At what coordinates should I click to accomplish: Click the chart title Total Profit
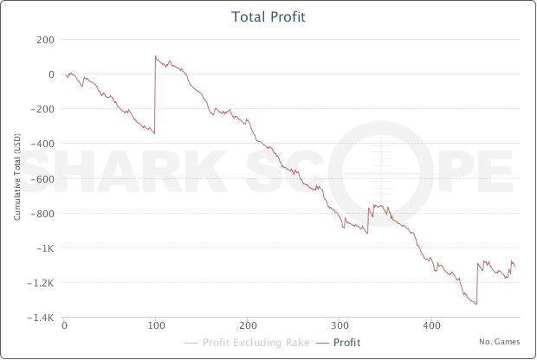(268, 16)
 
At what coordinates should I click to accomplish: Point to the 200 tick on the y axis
(45, 40)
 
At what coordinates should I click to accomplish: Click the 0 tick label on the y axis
(51, 74)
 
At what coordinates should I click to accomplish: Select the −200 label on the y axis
(42, 109)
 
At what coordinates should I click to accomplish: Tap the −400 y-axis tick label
(42, 144)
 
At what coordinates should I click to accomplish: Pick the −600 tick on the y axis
(42, 178)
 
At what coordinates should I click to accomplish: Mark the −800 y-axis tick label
(42, 213)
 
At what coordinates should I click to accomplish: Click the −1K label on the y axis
(44, 247)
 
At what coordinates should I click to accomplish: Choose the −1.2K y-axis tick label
(41, 282)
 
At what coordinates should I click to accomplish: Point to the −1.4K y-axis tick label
(41, 318)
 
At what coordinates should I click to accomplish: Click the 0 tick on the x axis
(64, 326)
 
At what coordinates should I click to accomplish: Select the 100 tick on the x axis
(156, 326)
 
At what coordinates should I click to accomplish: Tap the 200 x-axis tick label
(248, 326)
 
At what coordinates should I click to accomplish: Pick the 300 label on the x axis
(340, 326)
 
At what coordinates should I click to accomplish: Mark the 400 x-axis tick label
(431, 326)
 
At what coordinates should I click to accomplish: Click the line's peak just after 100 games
(156, 57)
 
